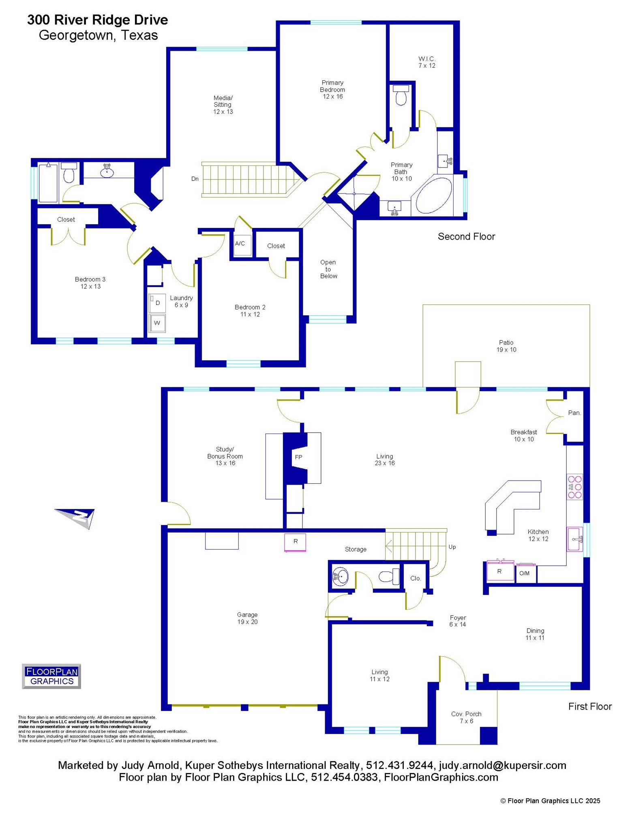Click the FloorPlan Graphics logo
pos(51,676)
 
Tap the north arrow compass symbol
pos(77,517)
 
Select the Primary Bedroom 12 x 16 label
pos(332,89)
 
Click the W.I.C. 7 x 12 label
pos(427,62)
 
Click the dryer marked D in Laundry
pos(157,303)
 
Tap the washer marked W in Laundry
pos(157,323)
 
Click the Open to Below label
pos(328,269)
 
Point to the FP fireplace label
pos(298,457)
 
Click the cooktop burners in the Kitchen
pos(574,487)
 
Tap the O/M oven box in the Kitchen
pos(525,573)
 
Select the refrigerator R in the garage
pos(295,542)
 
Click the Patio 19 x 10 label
pos(506,346)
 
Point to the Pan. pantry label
pos(574,413)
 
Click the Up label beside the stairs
pos(452,547)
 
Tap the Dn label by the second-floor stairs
pos(195,179)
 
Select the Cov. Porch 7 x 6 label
pos(466,717)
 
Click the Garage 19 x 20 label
pos(247,618)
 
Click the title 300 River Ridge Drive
pos(98,20)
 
